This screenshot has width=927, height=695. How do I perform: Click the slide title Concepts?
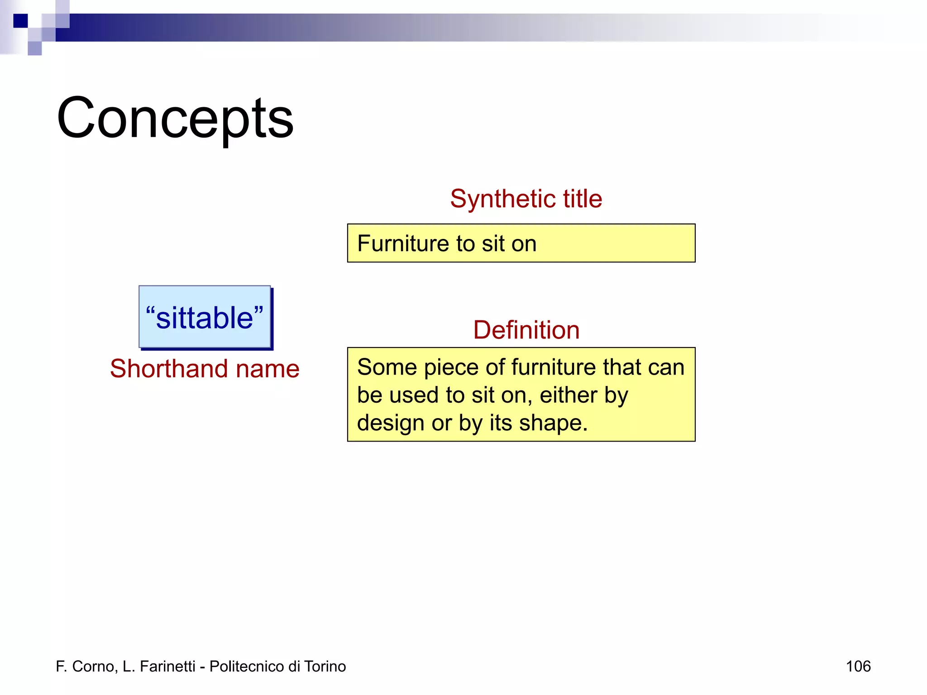click(x=175, y=119)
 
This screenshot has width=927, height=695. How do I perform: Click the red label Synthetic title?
click(x=526, y=199)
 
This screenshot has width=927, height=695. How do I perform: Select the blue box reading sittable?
click(x=205, y=317)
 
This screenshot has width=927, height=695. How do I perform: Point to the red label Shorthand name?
click(x=205, y=368)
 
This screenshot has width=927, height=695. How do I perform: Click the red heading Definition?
click(x=526, y=329)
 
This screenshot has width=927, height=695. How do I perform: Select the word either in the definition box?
click(x=568, y=395)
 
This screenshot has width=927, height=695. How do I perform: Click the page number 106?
click(x=858, y=666)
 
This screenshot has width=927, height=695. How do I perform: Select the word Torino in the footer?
click(x=325, y=666)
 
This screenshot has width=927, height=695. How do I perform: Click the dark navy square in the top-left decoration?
click(x=20, y=21)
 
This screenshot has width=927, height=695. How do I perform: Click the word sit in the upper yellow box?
click(x=493, y=243)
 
